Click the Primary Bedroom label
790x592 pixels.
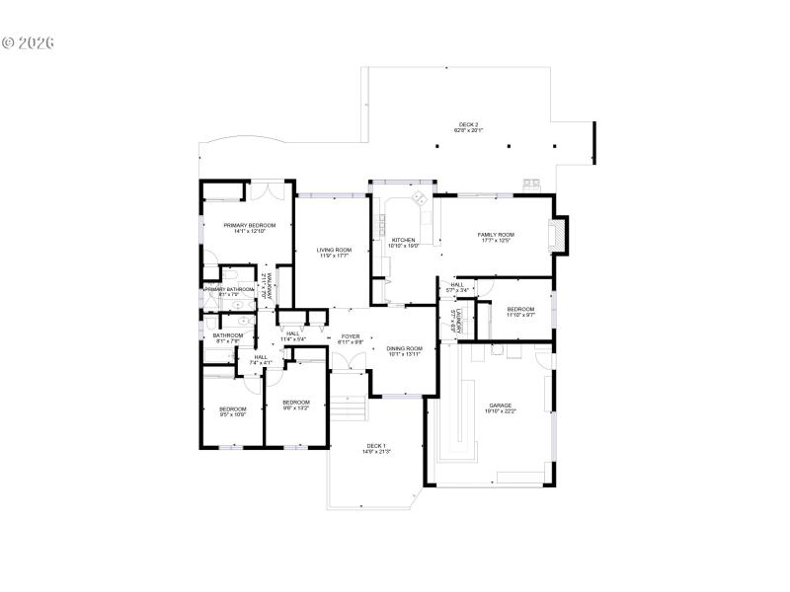point(242,226)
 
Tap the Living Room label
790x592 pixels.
point(334,250)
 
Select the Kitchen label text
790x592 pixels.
point(404,240)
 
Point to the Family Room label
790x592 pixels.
point(496,234)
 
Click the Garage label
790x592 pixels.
point(501,406)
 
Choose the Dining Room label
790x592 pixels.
point(404,348)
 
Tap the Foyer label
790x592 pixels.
point(351,336)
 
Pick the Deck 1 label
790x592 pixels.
point(376,446)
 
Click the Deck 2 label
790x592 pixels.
point(468,125)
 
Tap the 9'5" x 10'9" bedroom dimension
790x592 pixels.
point(233,414)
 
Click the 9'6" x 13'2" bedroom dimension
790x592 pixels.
point(296,407)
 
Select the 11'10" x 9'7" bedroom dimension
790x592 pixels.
point(520,315)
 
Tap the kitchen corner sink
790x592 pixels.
point(418,199)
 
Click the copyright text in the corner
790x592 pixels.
point(28,43)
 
